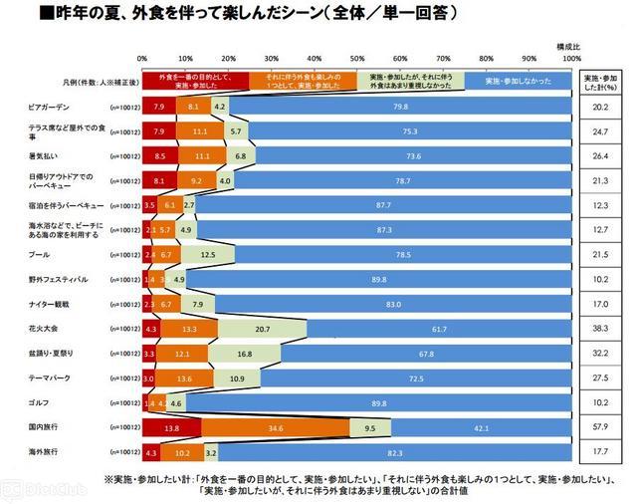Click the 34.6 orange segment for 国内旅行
pyautogui.click(x=276, y=427)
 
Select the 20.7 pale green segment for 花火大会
pyautogui.click(x=263, y=329)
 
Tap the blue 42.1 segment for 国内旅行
pyautogui.click(x=481, y=427)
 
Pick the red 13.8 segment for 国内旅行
pyautogui.click(x=171, y=427)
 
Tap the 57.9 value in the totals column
pyautogui.click(x=601, y=427)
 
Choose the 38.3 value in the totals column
pyautogui.click(x=601, y=329)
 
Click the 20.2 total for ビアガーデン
pyautogui.click(x=601, y=106)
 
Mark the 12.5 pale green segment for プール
pyautogui.click(x=208, y=254)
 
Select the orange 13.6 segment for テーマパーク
pyautogui.click(x=185, y=378)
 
